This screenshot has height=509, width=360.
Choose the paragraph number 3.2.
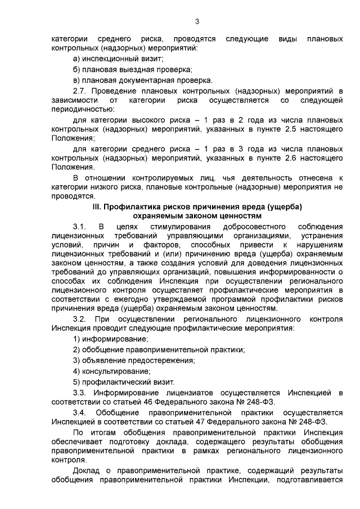79,319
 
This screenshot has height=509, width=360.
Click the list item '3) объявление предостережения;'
134,360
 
